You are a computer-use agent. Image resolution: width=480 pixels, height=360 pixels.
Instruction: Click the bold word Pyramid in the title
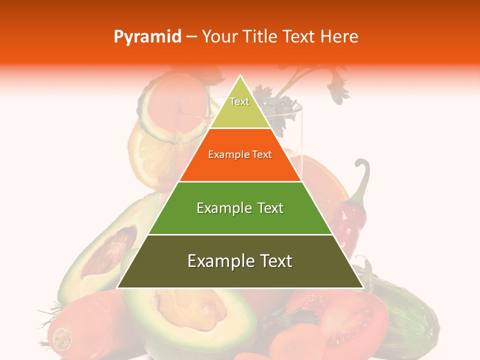[147, 37]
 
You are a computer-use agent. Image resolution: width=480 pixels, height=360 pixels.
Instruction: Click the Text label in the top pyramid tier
[239, 101]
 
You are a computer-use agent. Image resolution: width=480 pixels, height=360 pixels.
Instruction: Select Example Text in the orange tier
[240, 154]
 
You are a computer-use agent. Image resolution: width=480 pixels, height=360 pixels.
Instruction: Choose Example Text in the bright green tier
[240, 208]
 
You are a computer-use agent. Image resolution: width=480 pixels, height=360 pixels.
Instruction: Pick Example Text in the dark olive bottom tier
[240, 261]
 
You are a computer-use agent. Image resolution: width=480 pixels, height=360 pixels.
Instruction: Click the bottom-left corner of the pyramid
[117, 287]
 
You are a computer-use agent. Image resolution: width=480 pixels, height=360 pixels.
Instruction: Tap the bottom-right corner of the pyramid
[363, 287]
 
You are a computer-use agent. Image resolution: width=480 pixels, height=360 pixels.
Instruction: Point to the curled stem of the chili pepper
[364, 172]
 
